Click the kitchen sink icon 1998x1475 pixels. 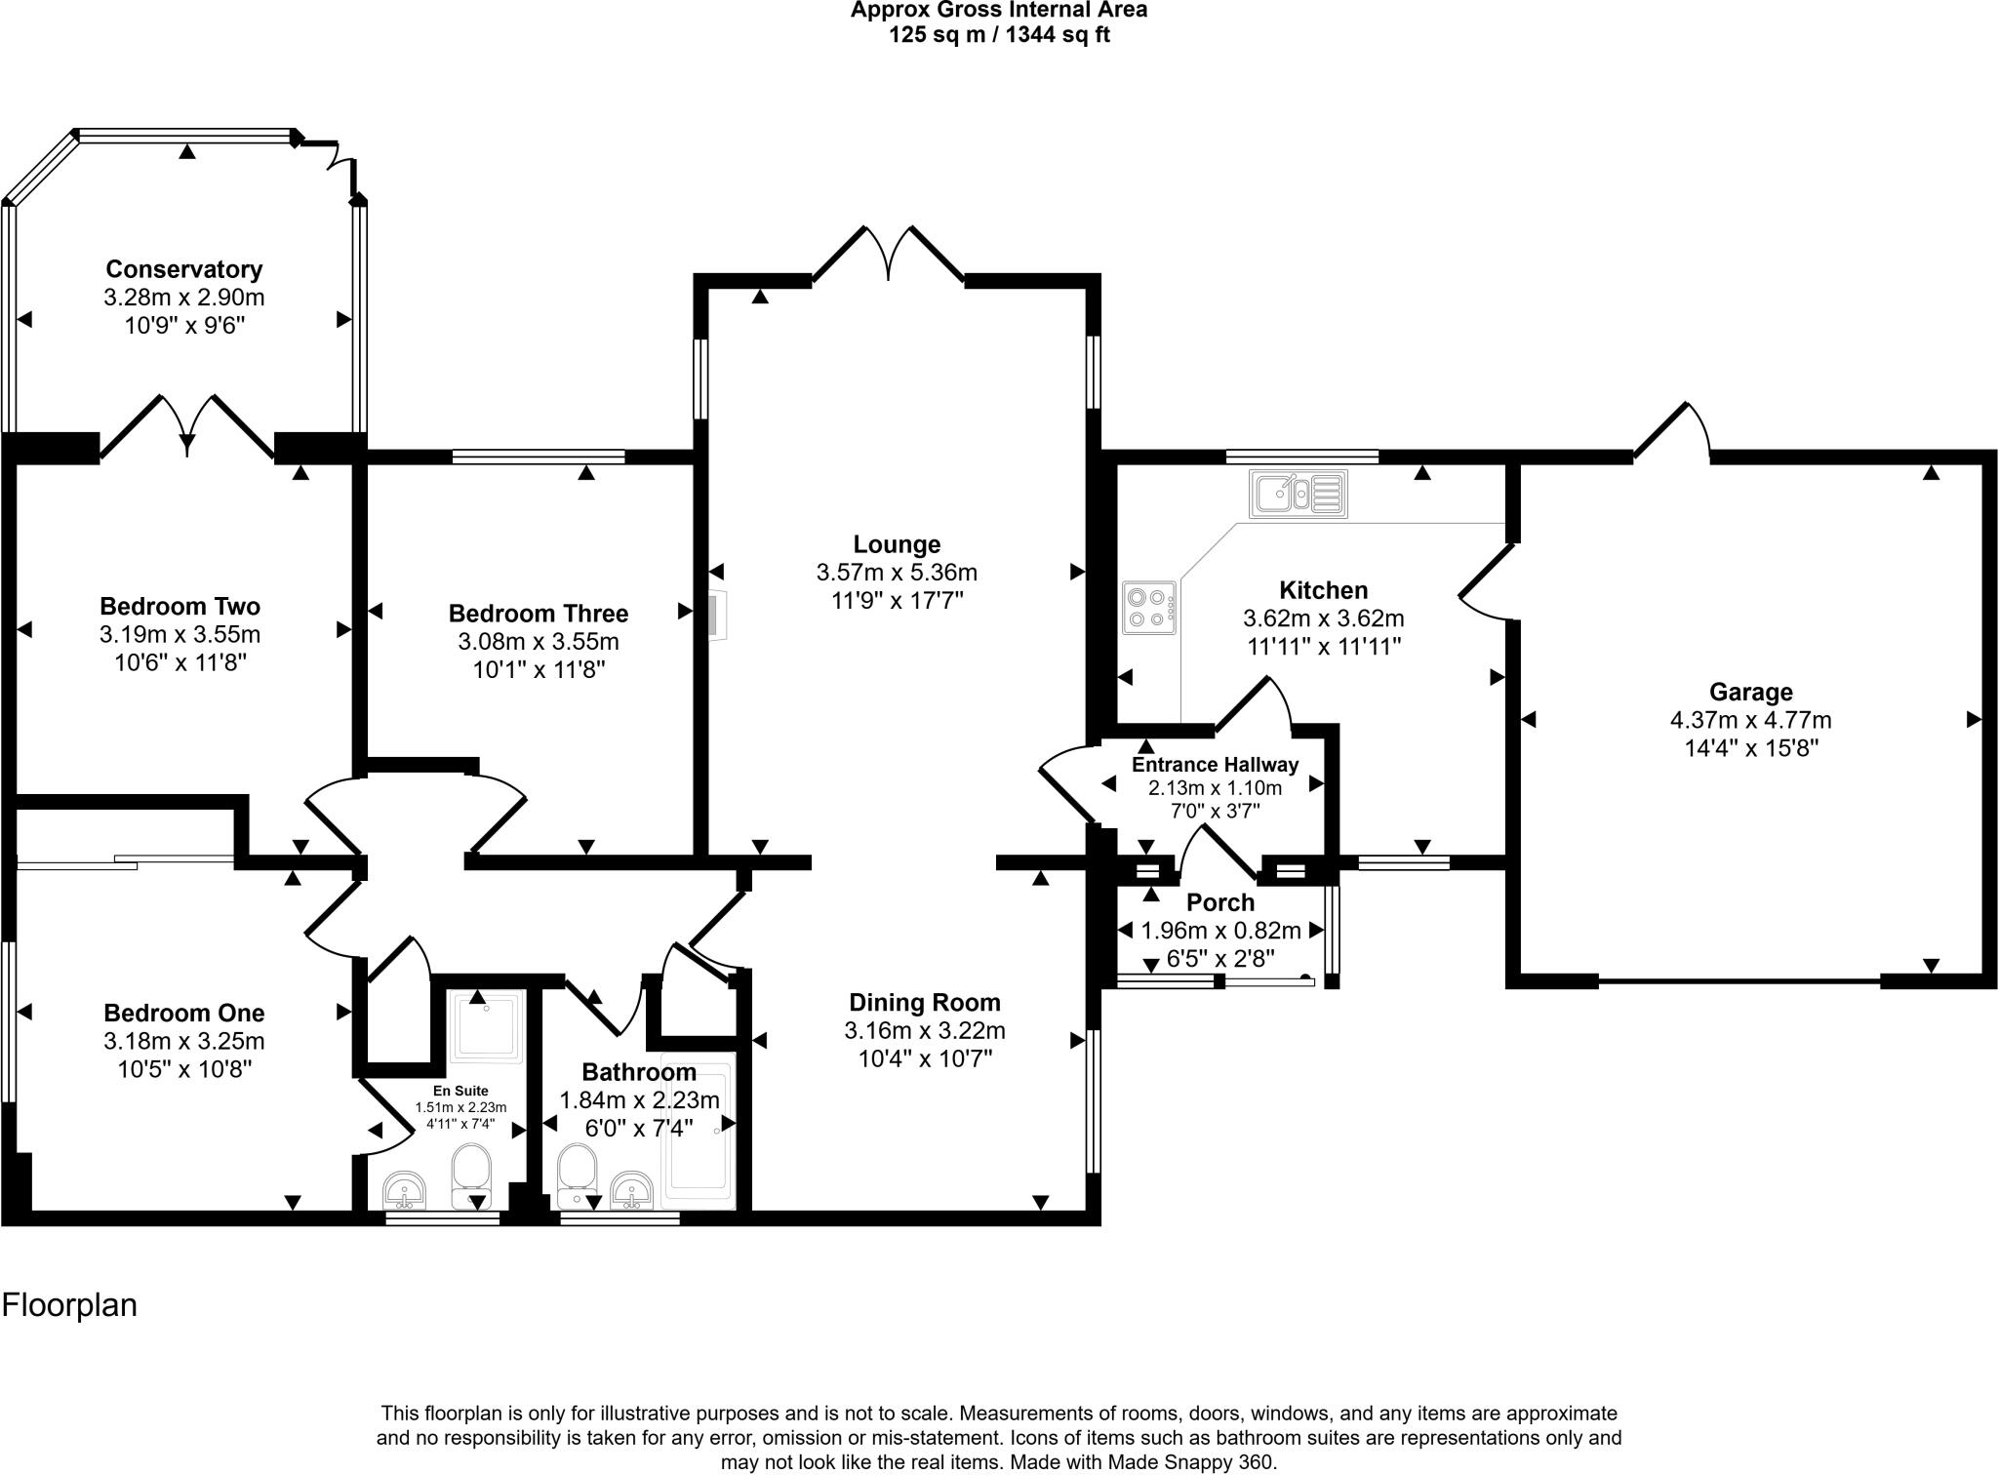coord(1299,494)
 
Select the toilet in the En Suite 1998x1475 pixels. coord(471,1175)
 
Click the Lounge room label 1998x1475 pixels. coord(897,544)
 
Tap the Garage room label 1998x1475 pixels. coord(1750,693)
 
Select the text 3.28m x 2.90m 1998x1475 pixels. coord(184,298)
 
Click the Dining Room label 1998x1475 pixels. coord(924,1002)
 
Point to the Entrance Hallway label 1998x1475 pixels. coord(1215,765)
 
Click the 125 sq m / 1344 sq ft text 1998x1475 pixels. coord(999,36)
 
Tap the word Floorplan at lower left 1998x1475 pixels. coord(69,1305)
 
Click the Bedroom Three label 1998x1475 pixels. coord(538,614)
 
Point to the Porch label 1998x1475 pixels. coord(1219,903)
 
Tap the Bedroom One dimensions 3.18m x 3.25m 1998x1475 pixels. coord(184,1041)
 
